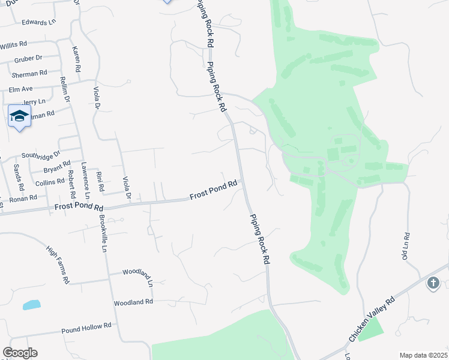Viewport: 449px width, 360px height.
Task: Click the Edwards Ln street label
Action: [x=38, y=22]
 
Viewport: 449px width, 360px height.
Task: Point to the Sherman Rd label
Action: [x=29, y=73]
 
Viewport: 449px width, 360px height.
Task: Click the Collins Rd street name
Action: [x=49, y=182]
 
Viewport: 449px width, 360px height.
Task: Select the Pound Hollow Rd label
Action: [x=86, y=327]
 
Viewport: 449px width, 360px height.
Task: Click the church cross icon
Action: [x=434, y=282]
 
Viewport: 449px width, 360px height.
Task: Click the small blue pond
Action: [x=31, y=305]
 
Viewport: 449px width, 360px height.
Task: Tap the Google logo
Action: [x=20, y=353]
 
